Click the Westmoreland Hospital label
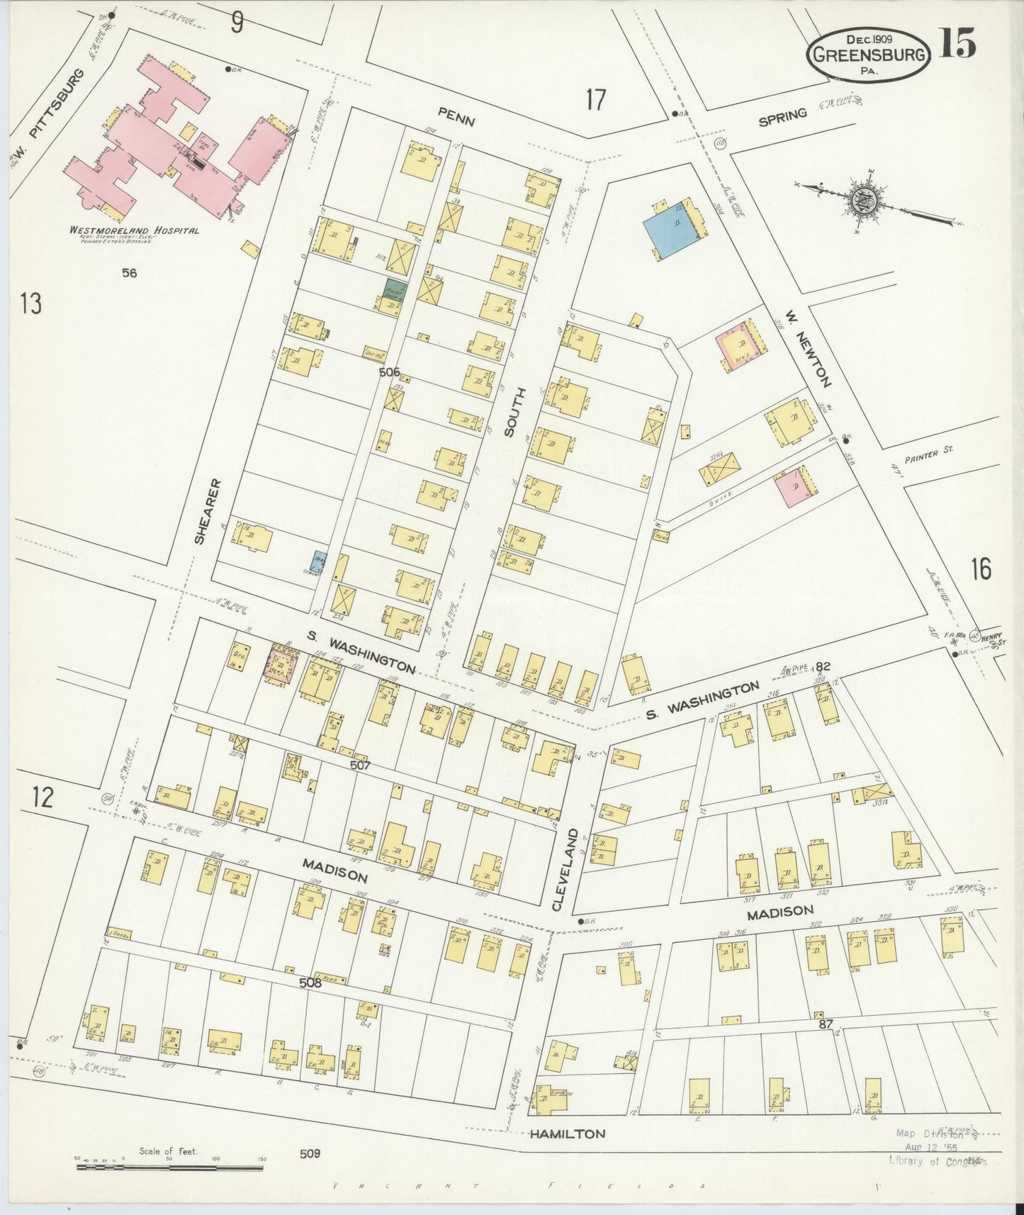pyautogui.click(x=133, y=230)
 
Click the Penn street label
pyautogui.click(x=456, y=121)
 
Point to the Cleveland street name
pyautogui.click(x=558, y=870)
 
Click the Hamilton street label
pyautogui.click(x=568, y=1133)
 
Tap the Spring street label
pyautogui.click(x=782, y=117)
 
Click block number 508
pyautogui.click(x=310, y=983)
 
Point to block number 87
pyautogui.click(x=825, y=1024)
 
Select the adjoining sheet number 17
pyautogui.click(x=596, y=101)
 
